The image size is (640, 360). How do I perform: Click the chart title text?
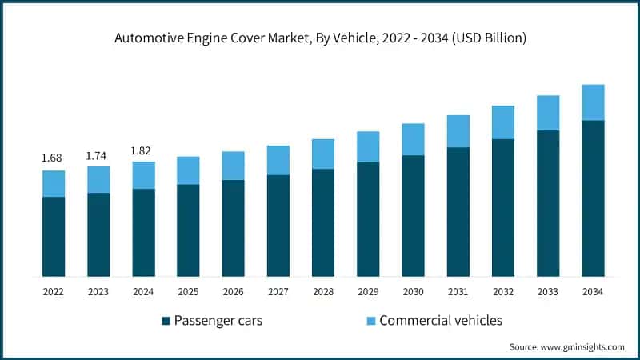point(320,37)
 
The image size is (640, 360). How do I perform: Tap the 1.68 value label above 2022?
point(53,158)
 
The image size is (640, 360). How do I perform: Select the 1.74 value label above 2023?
point(98,154)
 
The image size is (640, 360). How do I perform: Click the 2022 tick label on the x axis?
point(53,292)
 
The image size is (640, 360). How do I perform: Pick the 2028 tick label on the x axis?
point(322,292)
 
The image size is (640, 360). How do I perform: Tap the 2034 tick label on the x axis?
point(592,292)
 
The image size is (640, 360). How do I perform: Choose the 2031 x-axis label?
point(458,292)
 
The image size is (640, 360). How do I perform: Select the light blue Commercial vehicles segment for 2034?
point(592,102)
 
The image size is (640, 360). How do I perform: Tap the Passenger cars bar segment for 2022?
point(53,236)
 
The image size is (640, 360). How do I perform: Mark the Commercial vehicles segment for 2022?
point(53,183)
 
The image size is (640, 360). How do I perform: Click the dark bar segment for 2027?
point(278,226)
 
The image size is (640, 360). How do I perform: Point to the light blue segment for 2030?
point(413,139)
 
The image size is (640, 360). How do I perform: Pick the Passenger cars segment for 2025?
point(188,230)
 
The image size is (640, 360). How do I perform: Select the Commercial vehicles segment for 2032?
point(502,122)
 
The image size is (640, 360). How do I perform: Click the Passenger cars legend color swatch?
point(166,321)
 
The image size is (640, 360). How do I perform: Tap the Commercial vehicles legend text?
point(440,321)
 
